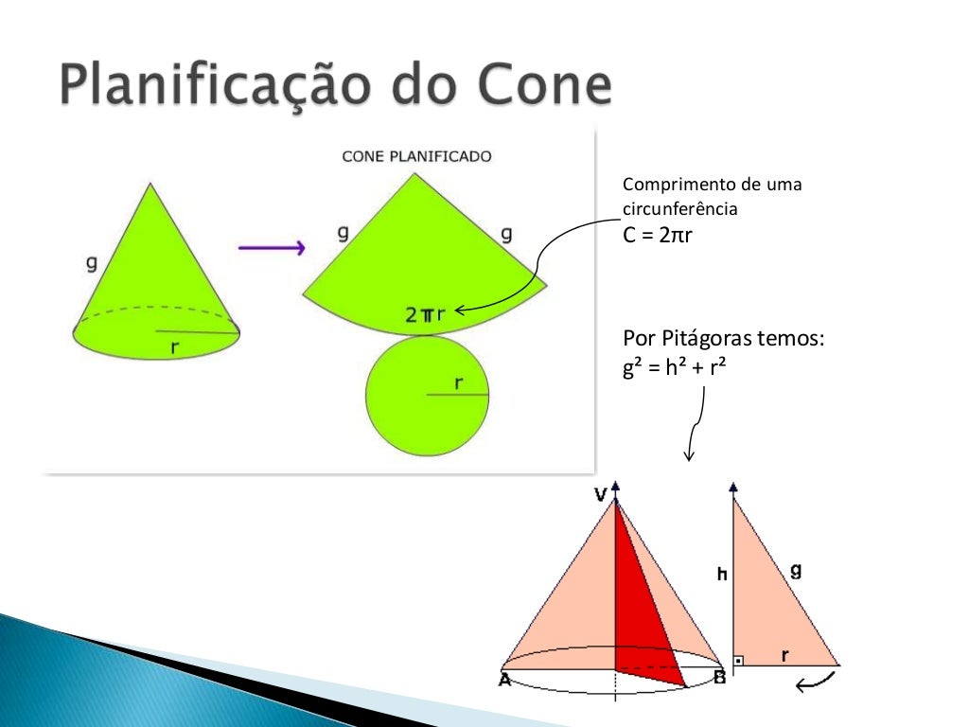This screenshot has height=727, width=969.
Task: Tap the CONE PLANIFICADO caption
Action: (416, 156)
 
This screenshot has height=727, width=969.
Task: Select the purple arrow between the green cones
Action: (271, 248)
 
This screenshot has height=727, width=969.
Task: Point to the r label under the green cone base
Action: (175, 347)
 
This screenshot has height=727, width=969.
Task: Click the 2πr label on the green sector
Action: (425, 315)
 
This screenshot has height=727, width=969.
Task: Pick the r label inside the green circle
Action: (458, 382)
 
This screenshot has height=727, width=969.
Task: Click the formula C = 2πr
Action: (658, 235)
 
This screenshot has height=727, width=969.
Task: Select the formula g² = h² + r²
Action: (674, 369)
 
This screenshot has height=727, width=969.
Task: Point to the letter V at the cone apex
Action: (599, 493)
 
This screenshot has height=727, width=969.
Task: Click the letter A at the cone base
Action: (505, 678)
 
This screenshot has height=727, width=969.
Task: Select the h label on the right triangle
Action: (722, 574)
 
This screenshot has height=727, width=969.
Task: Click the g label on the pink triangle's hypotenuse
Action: (796, 570)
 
